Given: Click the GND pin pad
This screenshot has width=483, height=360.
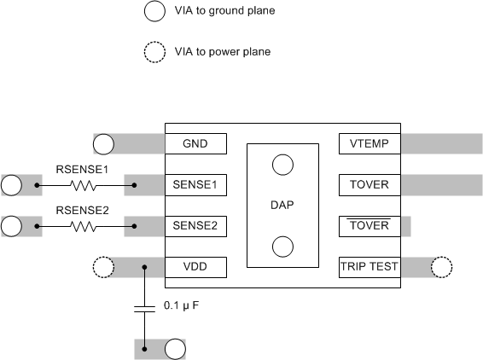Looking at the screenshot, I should click(x=196, y=143).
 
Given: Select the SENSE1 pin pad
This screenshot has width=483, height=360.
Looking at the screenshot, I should click(x=196, y=184).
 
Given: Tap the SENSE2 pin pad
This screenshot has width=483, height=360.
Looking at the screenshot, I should click(x=196, y=226).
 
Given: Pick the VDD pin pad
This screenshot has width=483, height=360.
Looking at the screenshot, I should click(x=196, y=268).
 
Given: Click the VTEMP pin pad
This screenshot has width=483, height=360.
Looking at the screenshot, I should click(x=369, y=143).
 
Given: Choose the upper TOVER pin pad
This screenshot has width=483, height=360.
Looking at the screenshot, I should click(x=369, y=184).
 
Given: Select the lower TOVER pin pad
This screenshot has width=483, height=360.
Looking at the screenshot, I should click(x=369, y=226).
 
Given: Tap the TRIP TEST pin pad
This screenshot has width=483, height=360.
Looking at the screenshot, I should click(x=369, y=268).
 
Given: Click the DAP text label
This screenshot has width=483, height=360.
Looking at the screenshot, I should click(x=282, y=206).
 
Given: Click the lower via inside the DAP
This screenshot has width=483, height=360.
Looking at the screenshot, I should click(x=282, y=247).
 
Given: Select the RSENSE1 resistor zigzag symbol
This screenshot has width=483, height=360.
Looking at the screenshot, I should click(x=83, y=184).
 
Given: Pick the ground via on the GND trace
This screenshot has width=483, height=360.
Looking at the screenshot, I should click(x=104, y=143).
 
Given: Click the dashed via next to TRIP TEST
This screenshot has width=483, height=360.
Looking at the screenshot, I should click(x=441, y=268).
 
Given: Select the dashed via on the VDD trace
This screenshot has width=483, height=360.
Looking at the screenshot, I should click(x=102, y=268).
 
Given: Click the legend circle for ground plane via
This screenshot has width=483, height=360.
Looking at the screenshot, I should click(x=154, y=11).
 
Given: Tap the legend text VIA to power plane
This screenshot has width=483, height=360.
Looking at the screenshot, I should click(x=222, y=52).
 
